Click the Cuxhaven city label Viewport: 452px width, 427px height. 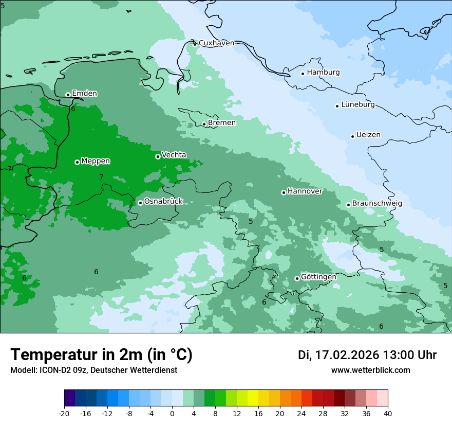(x=216, y=43)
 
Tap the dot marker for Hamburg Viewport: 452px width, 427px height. (x=303, y=74)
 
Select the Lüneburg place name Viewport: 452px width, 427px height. (x=358, y=105)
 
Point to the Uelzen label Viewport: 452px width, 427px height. (x=368, y=135)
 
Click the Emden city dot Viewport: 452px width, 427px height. (x=68, y=95)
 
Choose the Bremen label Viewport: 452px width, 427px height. (x=222, y=123)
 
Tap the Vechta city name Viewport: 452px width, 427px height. (x=174, y=155)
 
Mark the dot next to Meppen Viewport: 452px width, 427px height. (x=77, y=162)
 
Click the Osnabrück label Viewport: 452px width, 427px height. (x=163, y=202)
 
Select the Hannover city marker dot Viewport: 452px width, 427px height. (x=284, y=192)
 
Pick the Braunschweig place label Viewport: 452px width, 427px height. (x=377, y=204)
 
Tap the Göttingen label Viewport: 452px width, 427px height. (x=318, y=277)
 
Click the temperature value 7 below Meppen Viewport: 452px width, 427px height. (x=101, y=177)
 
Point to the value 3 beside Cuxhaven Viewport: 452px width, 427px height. (x=192, y=42)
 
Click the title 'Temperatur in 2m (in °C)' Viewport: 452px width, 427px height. (x=102, y=355)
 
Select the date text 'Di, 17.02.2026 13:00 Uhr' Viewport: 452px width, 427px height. (x=367, y=355)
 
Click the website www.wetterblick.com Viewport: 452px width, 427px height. (x=370, y=370)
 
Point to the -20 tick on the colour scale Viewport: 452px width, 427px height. (x=64, y=414)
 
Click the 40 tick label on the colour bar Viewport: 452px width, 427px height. (x=388, y=414)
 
